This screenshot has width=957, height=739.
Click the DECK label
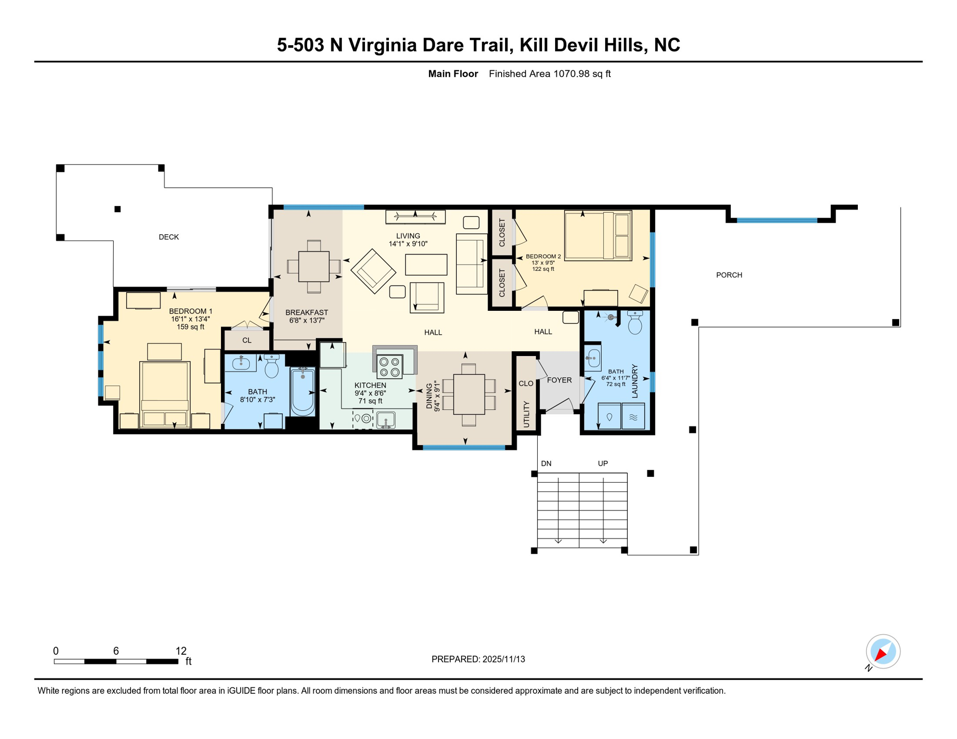point(168,237)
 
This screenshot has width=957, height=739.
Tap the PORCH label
point(729,275)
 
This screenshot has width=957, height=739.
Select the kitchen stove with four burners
point(390,367)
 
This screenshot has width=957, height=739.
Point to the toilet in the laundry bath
point(635,322)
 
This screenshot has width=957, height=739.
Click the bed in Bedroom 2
point(598,235)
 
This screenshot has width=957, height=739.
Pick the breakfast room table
point(314,267)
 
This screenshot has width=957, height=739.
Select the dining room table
point(469,395)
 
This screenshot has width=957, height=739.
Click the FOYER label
point(559,380)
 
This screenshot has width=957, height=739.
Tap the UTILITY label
point(526,414)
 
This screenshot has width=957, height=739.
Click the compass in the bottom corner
point(883,651)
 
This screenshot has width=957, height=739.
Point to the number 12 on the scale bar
point(181,651)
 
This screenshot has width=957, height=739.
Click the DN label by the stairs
point(546,464)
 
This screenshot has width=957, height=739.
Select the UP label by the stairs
point(603,464)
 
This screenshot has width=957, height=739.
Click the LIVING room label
point(408,236)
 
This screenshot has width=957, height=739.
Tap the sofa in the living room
point(471,264)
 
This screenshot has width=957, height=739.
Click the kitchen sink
point(386,420)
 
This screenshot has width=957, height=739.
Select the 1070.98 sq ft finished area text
point(582,74)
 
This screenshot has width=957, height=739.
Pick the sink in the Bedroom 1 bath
point(241,363)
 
